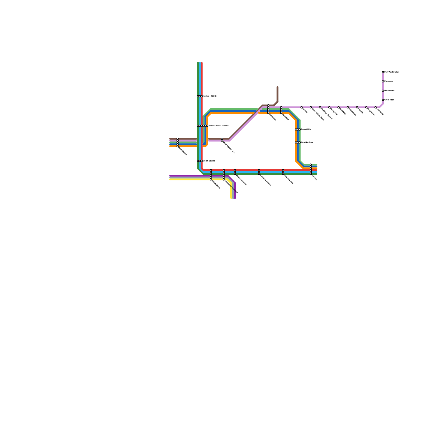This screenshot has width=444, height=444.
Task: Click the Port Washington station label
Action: tap(392, 72)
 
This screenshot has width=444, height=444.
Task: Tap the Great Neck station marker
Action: tap(383, 100)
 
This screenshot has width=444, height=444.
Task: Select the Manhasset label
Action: tap(389, 91)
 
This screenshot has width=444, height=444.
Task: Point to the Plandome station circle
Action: tap(383, 81)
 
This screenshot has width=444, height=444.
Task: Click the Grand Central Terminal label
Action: tap(219, 126)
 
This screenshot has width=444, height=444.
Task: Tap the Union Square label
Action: tap(209, 161)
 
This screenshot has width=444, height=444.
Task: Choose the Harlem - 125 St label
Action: tap(210, 96)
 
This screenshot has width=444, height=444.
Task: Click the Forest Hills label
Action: tap(306, 130)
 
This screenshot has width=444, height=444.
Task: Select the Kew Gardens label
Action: tap(307, 142)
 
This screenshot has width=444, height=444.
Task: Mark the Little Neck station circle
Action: tap(375, 107)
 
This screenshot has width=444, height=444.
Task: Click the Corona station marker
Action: tap(302, 107)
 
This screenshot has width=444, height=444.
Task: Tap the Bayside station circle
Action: tap(357, 107)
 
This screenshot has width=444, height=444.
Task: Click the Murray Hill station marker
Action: tap(329, 107)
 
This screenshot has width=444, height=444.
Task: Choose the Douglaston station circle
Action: tap(366, 107)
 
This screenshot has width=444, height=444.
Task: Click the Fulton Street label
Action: tap(216, 185)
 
